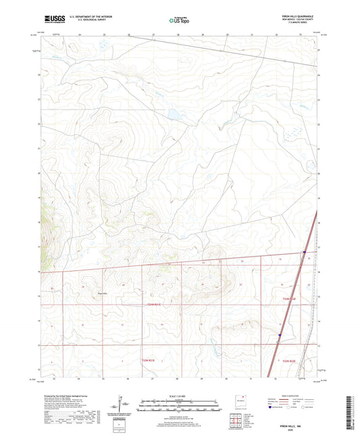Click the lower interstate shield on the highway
(x=280, y=334)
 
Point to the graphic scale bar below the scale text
(x=180, y=406)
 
